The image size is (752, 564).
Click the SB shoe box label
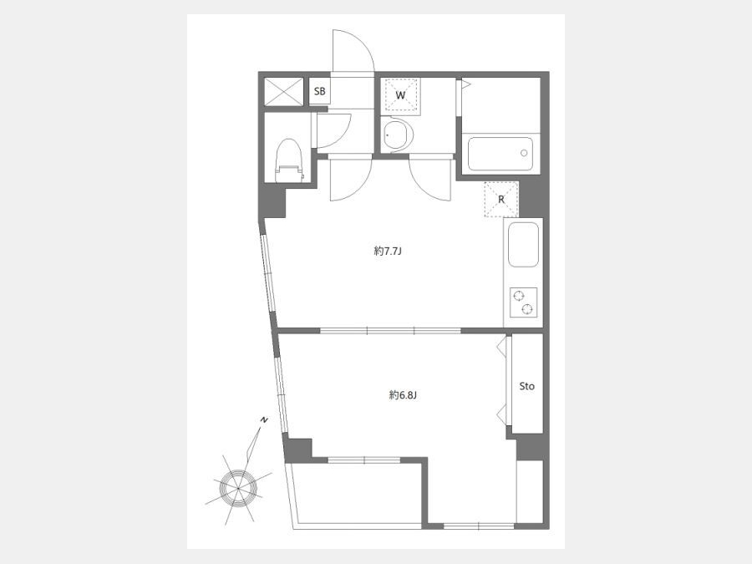pyautogui.click(x=319, y=91)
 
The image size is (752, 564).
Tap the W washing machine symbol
pyautogui.click(x=401, y=95)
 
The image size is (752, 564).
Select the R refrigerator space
pyautogui.click(x=501, y=200)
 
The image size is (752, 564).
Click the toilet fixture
pyautogui.click(x=289, y=160)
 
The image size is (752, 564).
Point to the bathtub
pyautogui.click(x=500, y=154)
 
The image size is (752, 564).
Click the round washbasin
pyautogui.click(x=398, y=135)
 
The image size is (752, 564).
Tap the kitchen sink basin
pyautogui.click(x=523, y=245)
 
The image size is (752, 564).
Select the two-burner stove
pyautogui.click(x=523, y=302)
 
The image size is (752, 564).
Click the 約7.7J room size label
pyautogui.click(x=387, y=251)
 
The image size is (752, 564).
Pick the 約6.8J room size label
pyautogui.click(x=403, y=395)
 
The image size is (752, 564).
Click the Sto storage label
pyautogui.click(x=526, y=386)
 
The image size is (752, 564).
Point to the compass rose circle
pyautogui.click(x=238, y=488)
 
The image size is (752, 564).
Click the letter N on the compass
pyautogui.click(x=263, y=420)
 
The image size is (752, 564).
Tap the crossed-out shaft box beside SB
pyautogui.click(x=284, y=92)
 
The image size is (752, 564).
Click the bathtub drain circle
pyautogui.click(x=524, y=153)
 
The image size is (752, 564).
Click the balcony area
pyautogui.click(x=358, y=494)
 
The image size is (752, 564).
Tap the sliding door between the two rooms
pyautogui.click(x=390, y=330)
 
